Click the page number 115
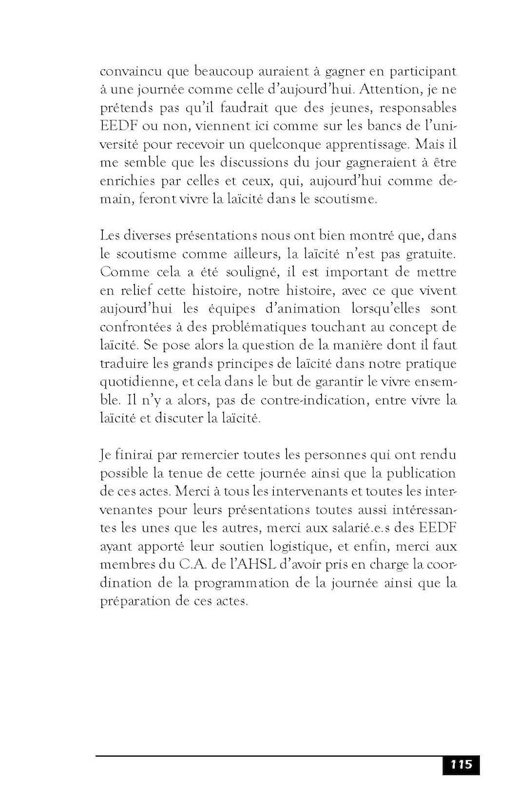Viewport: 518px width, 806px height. click(461, 765)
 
